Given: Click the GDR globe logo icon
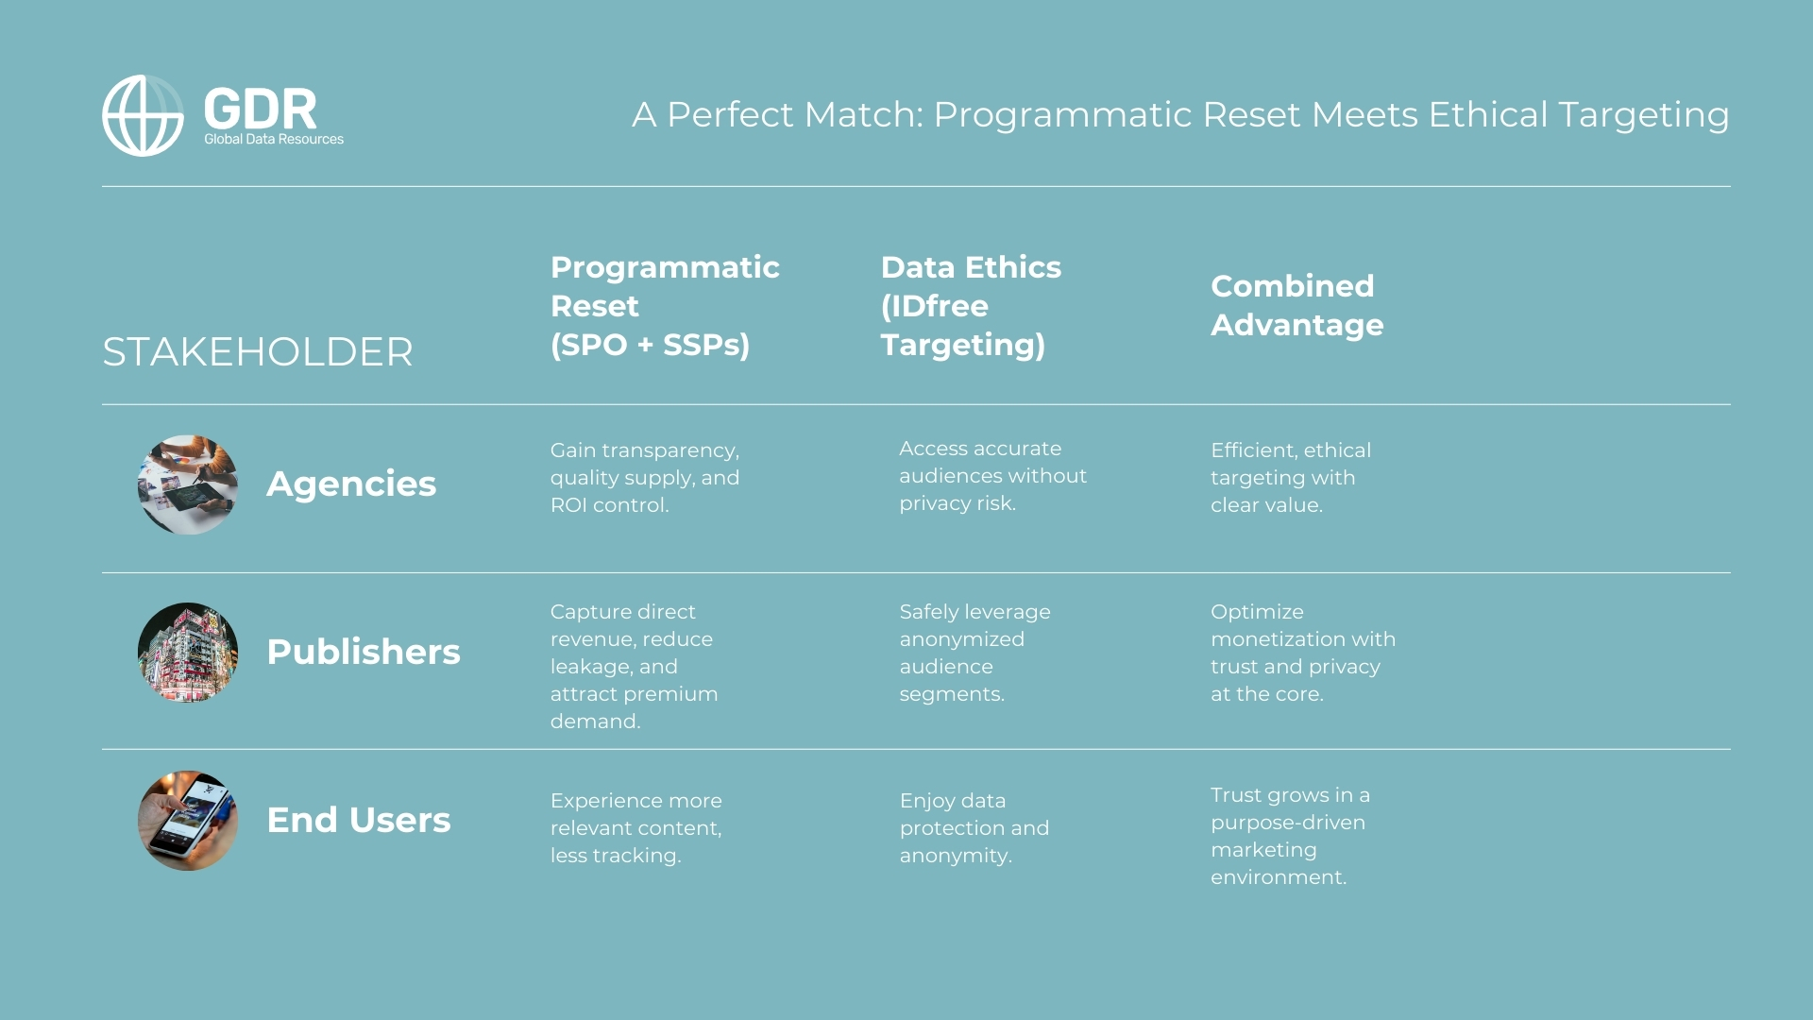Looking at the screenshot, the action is pyautogui.click(x=143, y=115).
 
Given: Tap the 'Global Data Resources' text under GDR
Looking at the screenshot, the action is pyautogui.click(x=274, y=139).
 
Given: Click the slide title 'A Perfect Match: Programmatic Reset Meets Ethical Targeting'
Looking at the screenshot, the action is pyautogui.click(x=1180, y=114).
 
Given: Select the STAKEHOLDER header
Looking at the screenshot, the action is pyautogui.click(x=257, y=352).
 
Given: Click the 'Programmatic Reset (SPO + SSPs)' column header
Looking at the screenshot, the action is pyautogui.click(x=665, y=305).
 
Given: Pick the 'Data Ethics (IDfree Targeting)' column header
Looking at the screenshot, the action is pyautogui.click(x=971, y=305).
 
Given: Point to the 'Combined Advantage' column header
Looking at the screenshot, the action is pyautogui.click(x=1296, y=305).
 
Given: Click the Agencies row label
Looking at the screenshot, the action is pyautogui.click(x=351, y=484).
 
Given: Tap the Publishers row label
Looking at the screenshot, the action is pyautogui.click(x=364, y=652).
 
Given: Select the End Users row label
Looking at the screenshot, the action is pyautogui.click(x=359, y=820).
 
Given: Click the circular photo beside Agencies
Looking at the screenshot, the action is pyautogui.click(x=188, y=484).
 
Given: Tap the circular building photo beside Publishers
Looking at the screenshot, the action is pyautogui.click(x=188, y=653).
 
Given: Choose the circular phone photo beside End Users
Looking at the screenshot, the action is pyautogui.click(x=188, y=821).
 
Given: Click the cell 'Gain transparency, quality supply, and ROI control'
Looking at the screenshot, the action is pyautogui.click(x=645, y=478).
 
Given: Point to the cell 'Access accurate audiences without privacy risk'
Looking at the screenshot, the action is pyautogui.click(x=992, y=476).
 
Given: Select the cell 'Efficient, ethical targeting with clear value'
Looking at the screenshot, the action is pyautogui.click(x=1290, y=478).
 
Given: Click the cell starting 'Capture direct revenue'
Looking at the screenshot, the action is pyautogui.click(x=634, y=666).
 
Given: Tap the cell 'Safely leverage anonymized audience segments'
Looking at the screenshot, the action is pyautogui.click(x=974, y=653).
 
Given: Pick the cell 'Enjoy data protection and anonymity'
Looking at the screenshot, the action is pyautogui.click(x=974, y=828).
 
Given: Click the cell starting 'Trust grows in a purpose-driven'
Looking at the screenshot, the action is pyautogui.click(x=1290, y=836).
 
